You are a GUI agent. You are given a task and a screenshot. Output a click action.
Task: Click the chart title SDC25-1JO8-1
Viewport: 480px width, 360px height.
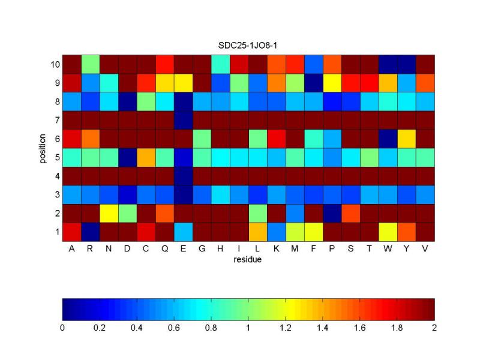point(248,45)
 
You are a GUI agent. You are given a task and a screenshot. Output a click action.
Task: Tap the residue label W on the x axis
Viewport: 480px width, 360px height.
point(388,250)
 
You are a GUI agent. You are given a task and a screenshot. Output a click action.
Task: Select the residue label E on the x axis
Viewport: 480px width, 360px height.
point(183,250)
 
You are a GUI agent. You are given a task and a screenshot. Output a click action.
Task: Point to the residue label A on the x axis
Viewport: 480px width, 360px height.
point(71,250)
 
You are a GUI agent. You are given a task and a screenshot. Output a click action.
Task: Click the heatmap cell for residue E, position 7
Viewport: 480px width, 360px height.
point(183,120)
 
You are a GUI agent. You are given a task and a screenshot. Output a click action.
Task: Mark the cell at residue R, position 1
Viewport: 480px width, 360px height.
point(90,232)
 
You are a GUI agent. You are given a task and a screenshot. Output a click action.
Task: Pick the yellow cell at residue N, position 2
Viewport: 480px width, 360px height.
point(109,213)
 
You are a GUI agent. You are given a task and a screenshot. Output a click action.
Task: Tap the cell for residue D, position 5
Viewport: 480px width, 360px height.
point(127,157)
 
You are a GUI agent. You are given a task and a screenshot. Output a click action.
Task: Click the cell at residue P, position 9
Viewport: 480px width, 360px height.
point(332,83)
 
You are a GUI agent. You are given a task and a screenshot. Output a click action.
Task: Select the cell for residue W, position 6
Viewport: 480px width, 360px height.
point(388,139)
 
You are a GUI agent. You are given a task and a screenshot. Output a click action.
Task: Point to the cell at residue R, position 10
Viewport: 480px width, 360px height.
point(90,64)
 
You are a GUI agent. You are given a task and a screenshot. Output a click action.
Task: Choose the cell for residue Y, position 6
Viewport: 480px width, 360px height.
point(406,139)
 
